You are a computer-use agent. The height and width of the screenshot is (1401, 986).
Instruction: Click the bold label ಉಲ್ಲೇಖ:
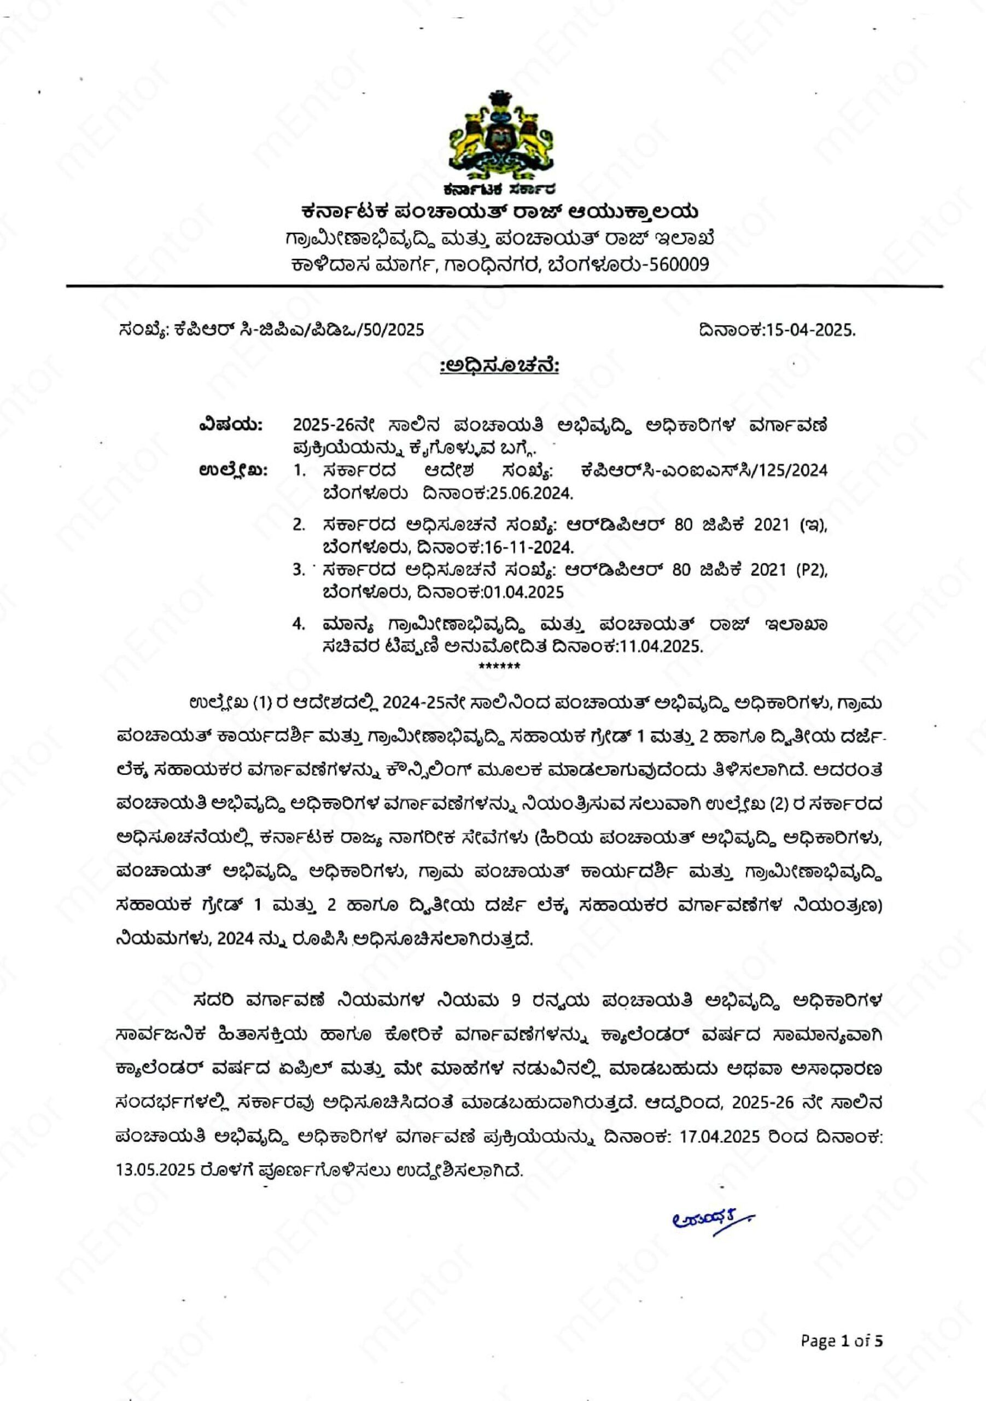coord(234,471)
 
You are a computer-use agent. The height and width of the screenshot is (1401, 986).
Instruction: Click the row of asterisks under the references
coord(499,665)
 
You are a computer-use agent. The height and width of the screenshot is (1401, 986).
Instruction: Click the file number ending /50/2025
coord(391,330)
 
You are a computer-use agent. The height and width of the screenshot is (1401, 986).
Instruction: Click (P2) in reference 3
coord(810,570)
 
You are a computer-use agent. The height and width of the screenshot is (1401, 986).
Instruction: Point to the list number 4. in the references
coord(299,624)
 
